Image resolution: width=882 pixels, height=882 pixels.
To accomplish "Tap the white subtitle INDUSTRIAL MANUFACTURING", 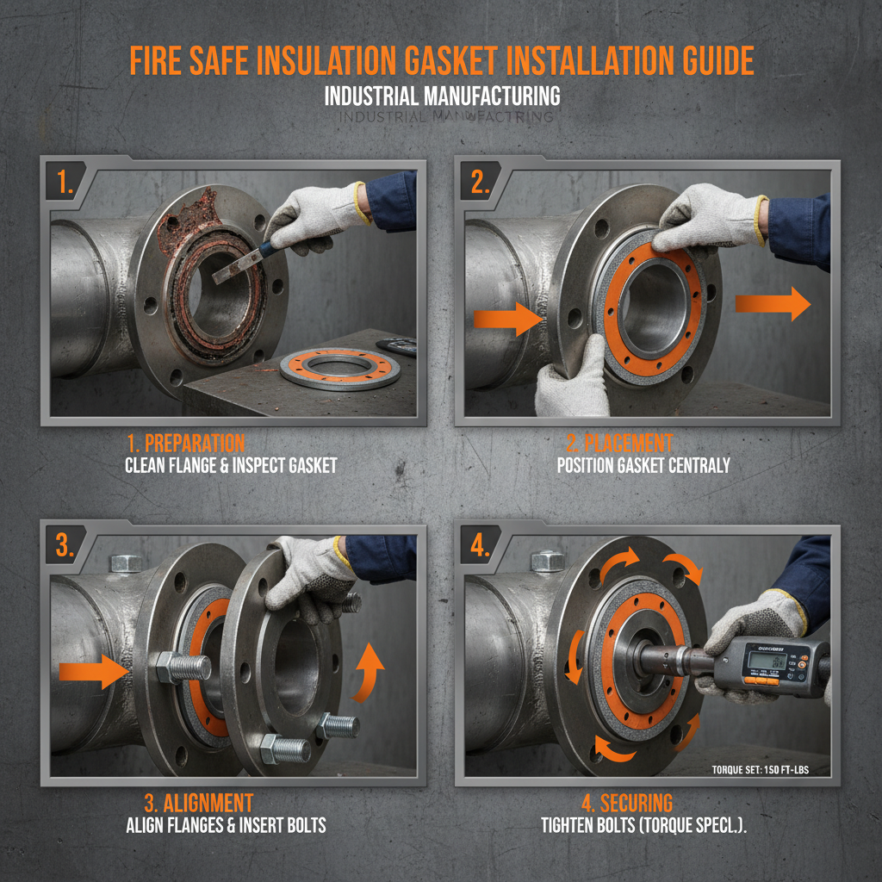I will [442, 96].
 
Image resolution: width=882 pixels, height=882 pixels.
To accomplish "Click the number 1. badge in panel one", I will [65, 183].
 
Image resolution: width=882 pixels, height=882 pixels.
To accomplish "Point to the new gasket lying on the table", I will [340, 368].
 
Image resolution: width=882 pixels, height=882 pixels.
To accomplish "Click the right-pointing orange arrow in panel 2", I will [772, 304].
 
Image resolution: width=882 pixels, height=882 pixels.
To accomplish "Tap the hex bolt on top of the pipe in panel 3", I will [127, 563].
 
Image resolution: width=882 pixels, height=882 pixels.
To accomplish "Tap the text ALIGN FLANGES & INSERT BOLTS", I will [226, 825].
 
